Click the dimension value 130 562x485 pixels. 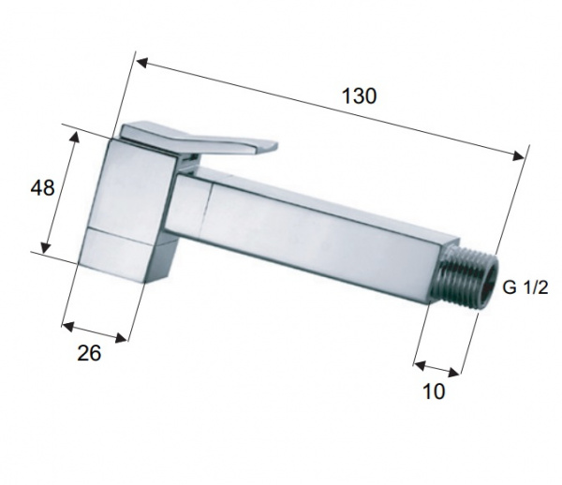tap(360, 96)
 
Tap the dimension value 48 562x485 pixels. tap(42, 187)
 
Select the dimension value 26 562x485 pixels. tap(89, 353)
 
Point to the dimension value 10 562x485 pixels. tap(434, 390)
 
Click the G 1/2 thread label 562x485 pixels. tap(525, 287)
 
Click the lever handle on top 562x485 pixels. tap(199, 140)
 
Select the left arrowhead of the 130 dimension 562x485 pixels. tap(142, 63)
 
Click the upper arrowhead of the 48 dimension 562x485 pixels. tap(74, 137)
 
